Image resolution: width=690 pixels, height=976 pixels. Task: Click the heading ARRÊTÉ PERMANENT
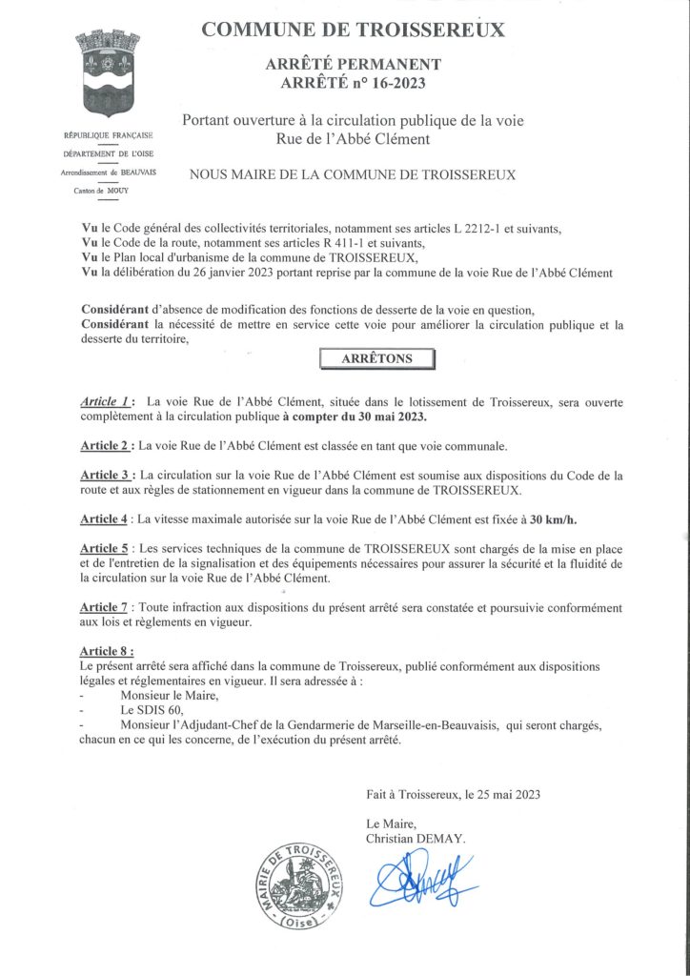tap(352, 65)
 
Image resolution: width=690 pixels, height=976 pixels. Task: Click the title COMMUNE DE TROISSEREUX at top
tap(353, 30)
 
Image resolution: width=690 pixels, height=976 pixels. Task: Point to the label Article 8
tap(107, 651)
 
